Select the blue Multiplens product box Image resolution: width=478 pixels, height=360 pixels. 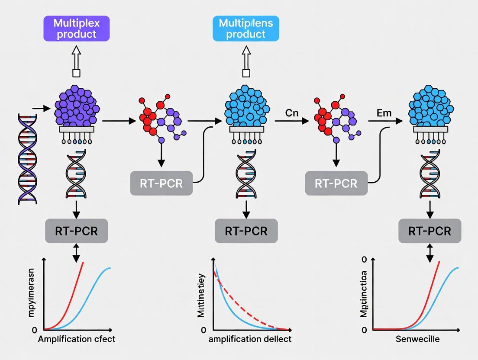click(246, 29)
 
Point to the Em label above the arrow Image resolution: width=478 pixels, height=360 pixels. click(384, 113)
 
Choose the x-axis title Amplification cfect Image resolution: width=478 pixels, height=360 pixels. click(77, 339)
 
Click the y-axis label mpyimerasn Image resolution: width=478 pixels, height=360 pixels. click(31, 294)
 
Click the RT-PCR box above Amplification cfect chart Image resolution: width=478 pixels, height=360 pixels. click(76, 231)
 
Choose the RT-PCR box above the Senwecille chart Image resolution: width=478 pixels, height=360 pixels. click(430, 231)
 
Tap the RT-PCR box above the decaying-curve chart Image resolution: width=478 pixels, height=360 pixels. click(246, 231)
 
